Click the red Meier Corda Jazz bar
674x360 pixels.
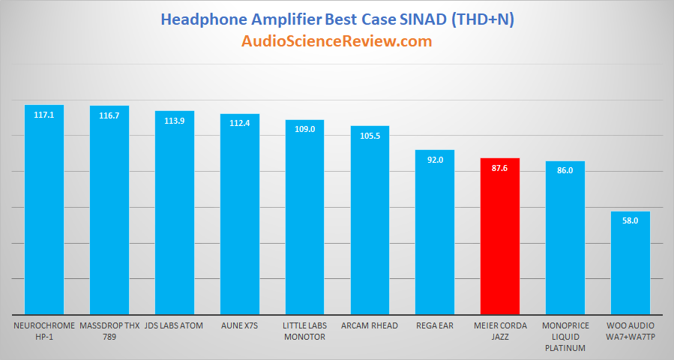coord(500,236)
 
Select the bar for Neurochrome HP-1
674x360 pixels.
coord(44,209)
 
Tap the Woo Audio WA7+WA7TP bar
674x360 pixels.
coord(631,262)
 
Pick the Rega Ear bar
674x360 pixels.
coord(435,232)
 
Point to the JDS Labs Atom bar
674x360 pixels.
coord(175,212)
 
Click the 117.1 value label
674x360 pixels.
coord(43,115)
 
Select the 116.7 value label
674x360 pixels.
coord(109,115)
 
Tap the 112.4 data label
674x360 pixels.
coord(240,124)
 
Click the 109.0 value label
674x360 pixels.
coord(304,129)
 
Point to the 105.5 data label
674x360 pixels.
coord(370,136)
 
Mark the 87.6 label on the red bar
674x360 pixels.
coord(500,168)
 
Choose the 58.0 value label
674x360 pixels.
coord(631,220)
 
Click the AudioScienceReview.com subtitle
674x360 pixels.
coord(337,41)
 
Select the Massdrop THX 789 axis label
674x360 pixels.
coord(109,331)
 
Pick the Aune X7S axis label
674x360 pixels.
coord(239,325)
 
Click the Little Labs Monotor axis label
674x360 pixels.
coord(304,331)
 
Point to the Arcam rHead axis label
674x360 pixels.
coord(370,325)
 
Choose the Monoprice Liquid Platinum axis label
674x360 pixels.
coord(565,337)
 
